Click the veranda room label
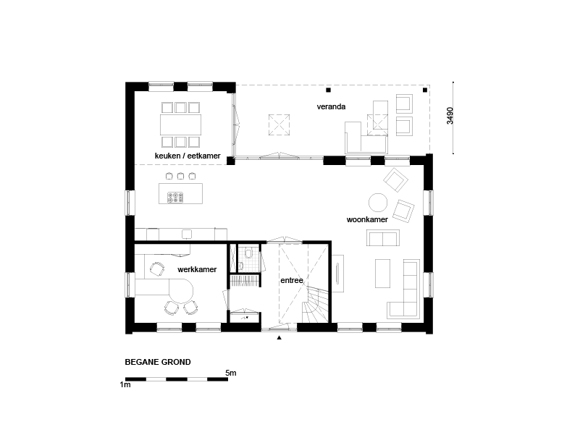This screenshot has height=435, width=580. (331, 106)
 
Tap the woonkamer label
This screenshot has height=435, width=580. (367, 219)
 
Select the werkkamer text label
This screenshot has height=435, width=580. (197, 269)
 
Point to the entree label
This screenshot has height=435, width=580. (292, 280)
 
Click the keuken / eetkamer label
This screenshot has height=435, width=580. (188, 156)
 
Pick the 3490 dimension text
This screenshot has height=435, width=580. (450, 116)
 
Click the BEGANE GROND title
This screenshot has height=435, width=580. (158, 362)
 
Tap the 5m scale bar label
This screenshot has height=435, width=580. (231, 373)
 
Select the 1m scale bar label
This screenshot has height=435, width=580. (125, 384)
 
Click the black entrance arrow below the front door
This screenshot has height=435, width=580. (280, 337)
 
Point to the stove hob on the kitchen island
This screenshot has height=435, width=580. (175, 198)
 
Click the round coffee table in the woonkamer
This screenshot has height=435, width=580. (378, 203)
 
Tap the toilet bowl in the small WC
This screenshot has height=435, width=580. (248, 253)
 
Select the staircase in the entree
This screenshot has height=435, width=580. (315, 305)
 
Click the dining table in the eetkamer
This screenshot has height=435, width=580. (180, 124)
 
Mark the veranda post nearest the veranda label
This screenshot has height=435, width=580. (328, 90)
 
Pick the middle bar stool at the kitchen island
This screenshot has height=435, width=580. (180, 176)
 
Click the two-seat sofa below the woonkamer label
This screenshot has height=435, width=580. (383, 237)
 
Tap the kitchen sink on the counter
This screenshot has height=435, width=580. (187, 234)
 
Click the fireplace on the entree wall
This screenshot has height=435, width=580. (337, 273)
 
